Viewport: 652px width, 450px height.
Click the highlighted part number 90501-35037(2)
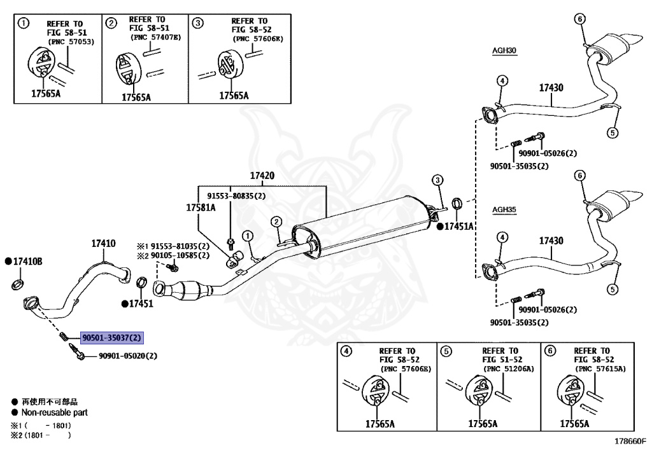[112, 338]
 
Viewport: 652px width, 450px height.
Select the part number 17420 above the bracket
[262, 176]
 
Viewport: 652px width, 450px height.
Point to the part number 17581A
[201, 207]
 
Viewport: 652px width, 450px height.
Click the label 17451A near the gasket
[458, 227]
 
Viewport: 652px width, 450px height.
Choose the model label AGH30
[504, 51]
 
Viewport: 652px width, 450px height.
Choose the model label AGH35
[504, 209]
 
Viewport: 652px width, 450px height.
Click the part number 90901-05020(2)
[128, 356]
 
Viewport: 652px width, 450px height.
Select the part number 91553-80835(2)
[236, 195]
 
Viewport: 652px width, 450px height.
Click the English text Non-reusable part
[55, 412]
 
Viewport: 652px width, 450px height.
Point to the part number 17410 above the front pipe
[104, 244]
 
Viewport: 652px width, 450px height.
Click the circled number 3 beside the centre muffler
[437, 180]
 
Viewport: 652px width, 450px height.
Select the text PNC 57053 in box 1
[71, 41]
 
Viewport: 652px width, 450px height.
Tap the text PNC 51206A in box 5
[509, 369]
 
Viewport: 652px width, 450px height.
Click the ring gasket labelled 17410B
[17, 285]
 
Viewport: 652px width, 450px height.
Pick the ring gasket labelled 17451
[141, 282]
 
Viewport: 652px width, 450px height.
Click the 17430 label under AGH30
[551, 88]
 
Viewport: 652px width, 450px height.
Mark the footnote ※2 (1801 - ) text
[41, 435]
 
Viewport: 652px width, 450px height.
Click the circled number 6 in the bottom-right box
[550, 351]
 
